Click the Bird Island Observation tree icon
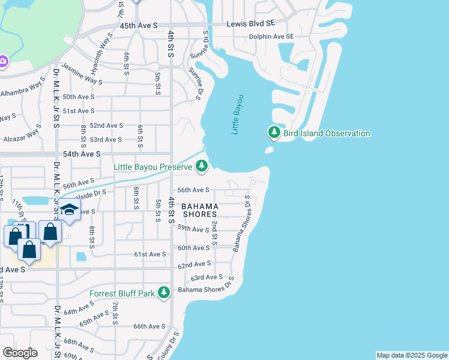(x=274, y=132)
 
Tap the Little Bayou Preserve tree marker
(x=202, y=166)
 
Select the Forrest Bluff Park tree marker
(x=163, y=293)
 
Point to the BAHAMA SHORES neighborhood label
(x=200, y=211)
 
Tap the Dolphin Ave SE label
(x=272, y=37)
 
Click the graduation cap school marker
(x=70, y=210)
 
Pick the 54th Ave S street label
(x=82, y=154)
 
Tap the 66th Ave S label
(x=149, y=326)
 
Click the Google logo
(x=20, y=353)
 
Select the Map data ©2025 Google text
(x=411, y=355)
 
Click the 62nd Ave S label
(x=195, y=263)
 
